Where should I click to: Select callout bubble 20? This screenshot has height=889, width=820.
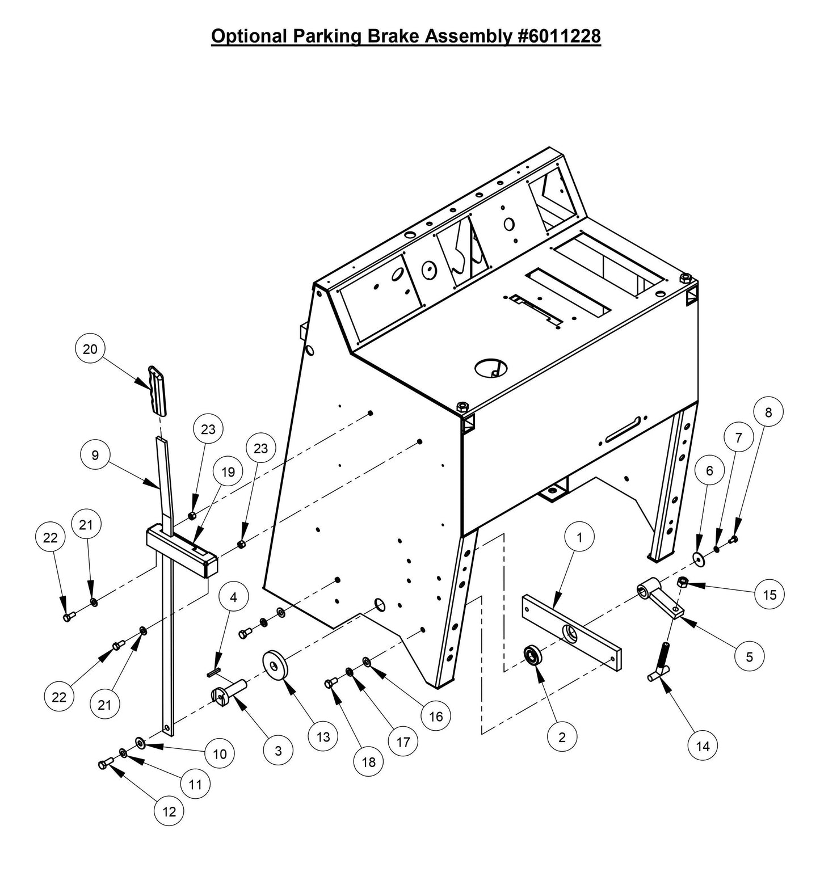click(x=90, y=349)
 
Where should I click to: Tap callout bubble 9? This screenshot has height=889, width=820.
click(x=95, y=455)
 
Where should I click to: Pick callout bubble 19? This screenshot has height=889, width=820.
click(x=228, y=472)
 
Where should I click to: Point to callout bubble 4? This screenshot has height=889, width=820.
click(x=233, y=597)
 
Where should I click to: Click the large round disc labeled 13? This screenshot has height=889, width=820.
click(x=275, y=664)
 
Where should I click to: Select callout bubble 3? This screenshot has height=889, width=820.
click(x=278, y=751)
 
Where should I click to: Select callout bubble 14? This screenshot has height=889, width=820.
click(x=703, y=746)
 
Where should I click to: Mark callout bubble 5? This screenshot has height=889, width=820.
click(x=749, y=656)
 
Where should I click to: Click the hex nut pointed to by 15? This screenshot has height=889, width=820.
click(x=683, y=582)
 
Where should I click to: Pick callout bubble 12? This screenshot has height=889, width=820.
click(x=169, y=811)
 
